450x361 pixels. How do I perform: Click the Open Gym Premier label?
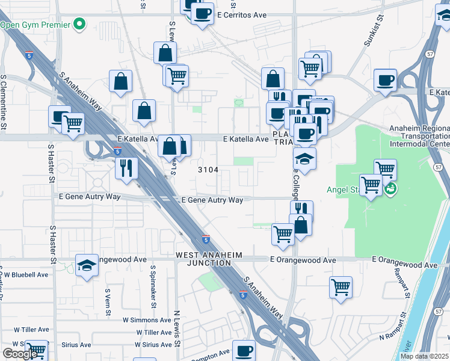tap(36, 25)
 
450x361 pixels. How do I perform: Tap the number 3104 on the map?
tap(208, 170)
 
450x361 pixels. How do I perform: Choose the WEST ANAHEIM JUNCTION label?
tap(209, 259)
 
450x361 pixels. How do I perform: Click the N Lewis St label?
tap(177, 326)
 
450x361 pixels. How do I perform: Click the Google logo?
tap(19, 354)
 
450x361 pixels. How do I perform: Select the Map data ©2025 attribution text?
tap(424, 356)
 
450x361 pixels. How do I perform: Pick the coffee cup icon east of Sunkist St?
tap(385, 79)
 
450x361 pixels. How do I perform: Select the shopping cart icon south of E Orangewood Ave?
tap(341, 286)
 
